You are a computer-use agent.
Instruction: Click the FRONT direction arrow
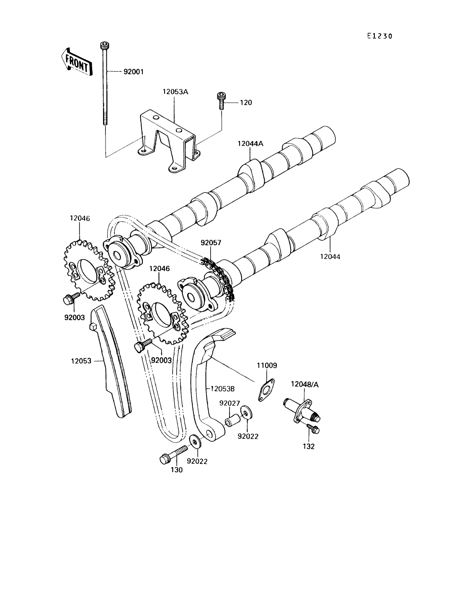pyautogui.click(x=76, y=62)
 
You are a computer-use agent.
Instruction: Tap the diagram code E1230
pyautogui.click(x=380, y=36)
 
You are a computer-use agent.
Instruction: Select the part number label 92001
pyautogui.click(x=134, y=72)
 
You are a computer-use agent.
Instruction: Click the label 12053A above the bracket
pyautogui.click(x=175, y=92)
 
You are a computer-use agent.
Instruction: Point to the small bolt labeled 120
pyautogui.click(x=221, y=101)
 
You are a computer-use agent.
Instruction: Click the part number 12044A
pyautogui.click(x=250, y=143)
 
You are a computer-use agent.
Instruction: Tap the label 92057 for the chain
pyautogui.click(x=211, y=243)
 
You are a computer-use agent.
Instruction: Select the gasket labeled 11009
pyautogui.click(x=266, y=390)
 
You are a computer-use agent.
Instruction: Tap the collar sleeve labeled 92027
pyautogui.click(x=232, y=421)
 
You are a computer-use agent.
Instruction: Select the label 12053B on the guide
pyautogui.click(x=222, y=389)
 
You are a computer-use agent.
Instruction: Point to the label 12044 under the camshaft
pyautogui.click(x=330, y=256)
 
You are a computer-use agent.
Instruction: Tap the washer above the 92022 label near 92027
pyautogui.click(x=247, y=413)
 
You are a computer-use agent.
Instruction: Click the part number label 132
pyautogui.click(x=309, y=446)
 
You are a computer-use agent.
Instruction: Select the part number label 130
pyautogui.click(x=176, y=470)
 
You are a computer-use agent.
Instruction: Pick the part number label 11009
pyautogui.click(x=267, y=365)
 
